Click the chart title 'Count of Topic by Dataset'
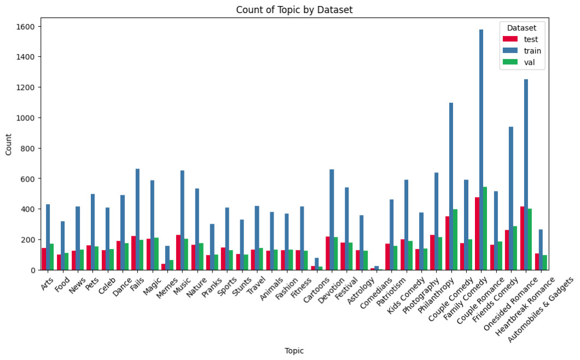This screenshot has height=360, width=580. tap(291, 10)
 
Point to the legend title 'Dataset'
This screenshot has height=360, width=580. tap(521, 27)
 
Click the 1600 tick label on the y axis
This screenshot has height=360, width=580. tap(26, 26)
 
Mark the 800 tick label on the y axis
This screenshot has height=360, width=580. tap(28, 148)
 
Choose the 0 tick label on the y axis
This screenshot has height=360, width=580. tap(33, 270)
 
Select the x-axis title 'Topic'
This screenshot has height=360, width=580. tap(294, 350)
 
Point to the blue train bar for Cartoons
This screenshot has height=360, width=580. tap(316, 265)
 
